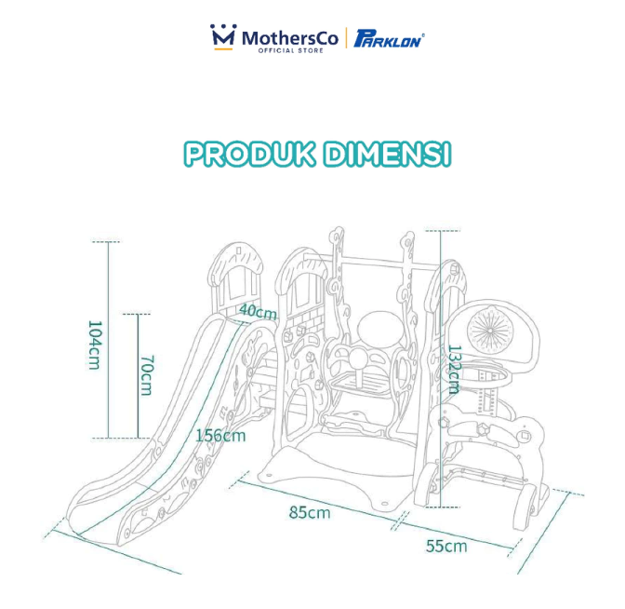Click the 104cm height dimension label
pyautogui.click(x=93, y=345)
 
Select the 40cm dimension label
pyautogui.click(x=257, y=311)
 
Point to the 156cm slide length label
pyautogui.click(x=220, y=435)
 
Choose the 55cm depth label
pyautogui.click(x=447, y=546)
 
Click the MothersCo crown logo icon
pyautogui.click(x=224, y=37)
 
